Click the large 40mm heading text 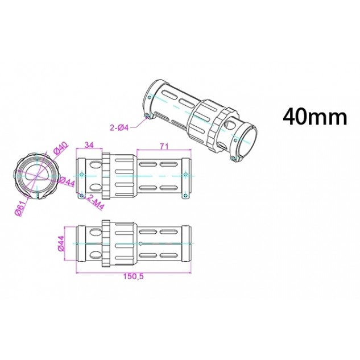[315, 117]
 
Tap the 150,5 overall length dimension [134, 276]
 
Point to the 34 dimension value [89, 145]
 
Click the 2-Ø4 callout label [119, 127]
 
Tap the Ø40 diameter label [61, 148]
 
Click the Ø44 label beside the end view [67, 183]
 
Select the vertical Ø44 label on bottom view [61, 243]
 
